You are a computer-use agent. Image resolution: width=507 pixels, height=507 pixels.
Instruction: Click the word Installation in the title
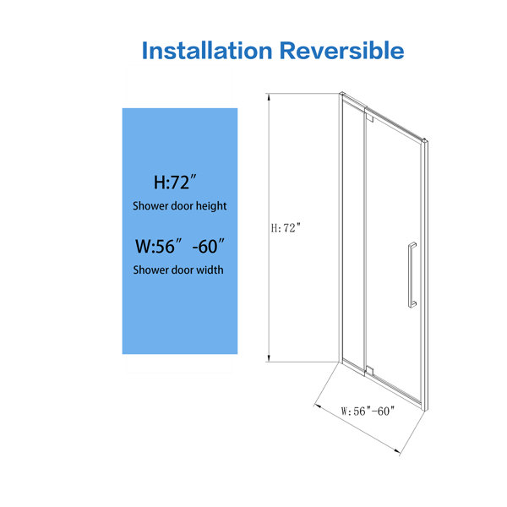207,51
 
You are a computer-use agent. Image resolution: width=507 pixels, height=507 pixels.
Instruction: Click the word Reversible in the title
341,51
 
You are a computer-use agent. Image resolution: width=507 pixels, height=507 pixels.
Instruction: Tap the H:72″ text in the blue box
175,183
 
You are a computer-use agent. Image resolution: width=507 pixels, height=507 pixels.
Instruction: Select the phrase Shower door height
179,206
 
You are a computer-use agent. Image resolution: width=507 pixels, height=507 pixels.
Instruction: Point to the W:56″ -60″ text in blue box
180,247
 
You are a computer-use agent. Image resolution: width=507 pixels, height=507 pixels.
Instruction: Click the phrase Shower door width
178,270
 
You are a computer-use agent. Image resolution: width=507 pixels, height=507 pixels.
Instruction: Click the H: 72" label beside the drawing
286,228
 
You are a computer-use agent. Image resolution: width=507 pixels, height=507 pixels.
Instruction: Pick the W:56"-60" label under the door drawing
368,411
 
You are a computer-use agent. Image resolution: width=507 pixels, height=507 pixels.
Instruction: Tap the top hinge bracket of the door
369,116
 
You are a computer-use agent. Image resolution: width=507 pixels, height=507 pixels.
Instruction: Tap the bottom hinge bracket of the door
369,371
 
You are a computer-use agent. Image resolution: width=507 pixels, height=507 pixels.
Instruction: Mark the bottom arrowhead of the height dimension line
269,358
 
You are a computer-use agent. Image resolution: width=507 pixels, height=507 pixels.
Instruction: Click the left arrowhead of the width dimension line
317,406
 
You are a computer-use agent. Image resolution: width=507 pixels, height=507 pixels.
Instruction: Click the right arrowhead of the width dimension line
397,450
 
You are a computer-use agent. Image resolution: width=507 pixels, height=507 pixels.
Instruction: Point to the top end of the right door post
426,140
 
